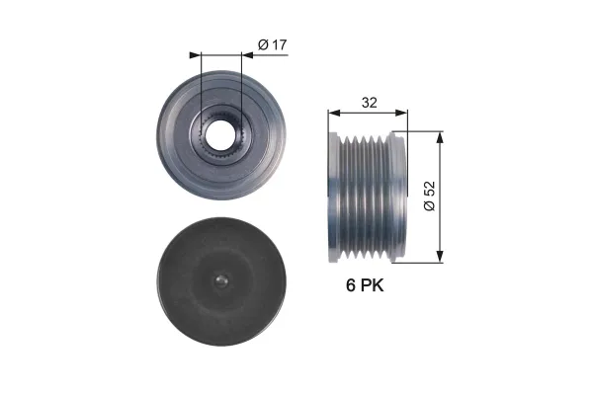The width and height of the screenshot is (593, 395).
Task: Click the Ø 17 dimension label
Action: (x=273, y=44)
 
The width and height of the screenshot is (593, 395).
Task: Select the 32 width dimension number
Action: (x=369, y=103)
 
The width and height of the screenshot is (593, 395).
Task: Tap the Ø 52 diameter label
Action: (x=430, y=196)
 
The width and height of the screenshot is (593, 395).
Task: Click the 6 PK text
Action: (x=365, y=285)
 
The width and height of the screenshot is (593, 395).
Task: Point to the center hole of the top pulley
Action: (x=220, y=135)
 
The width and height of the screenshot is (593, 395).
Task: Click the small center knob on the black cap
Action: (x=220, y=280)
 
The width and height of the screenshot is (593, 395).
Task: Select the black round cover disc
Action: (x=221, y=281)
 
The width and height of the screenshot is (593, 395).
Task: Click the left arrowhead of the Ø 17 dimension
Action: (x=195, y=55)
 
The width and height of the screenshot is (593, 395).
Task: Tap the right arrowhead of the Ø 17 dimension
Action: (x=247, y=55)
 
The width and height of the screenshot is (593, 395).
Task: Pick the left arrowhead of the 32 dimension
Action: (x=335, y=113)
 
